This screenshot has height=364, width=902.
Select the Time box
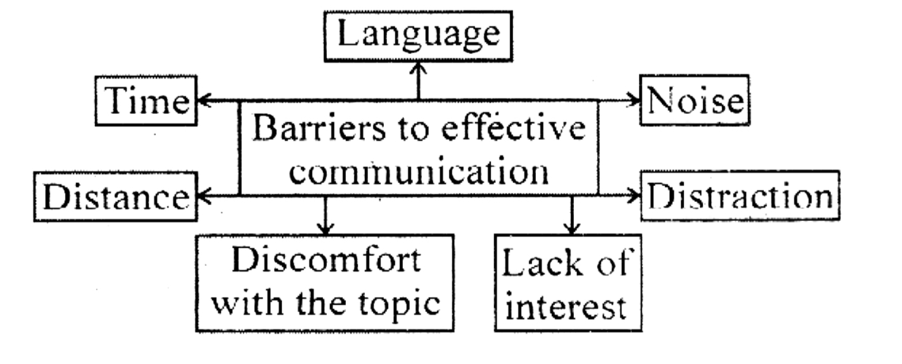[144, 102]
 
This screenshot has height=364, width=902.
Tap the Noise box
[695, 101]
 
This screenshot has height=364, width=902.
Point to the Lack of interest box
[566, 283]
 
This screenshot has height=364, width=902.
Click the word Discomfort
[324, 261]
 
